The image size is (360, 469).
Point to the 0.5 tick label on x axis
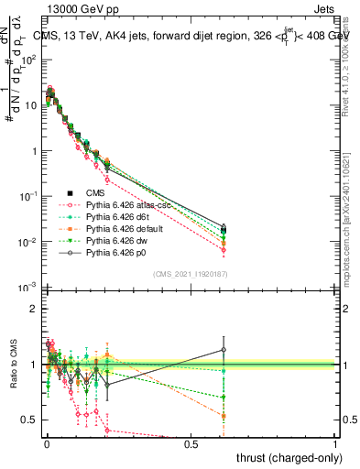(191, 444)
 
